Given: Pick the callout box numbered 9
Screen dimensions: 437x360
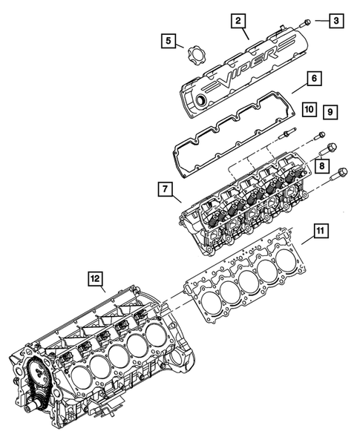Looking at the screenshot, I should (x=331, y=111).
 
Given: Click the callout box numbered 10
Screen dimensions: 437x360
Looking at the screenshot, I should (x=310, y=109).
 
